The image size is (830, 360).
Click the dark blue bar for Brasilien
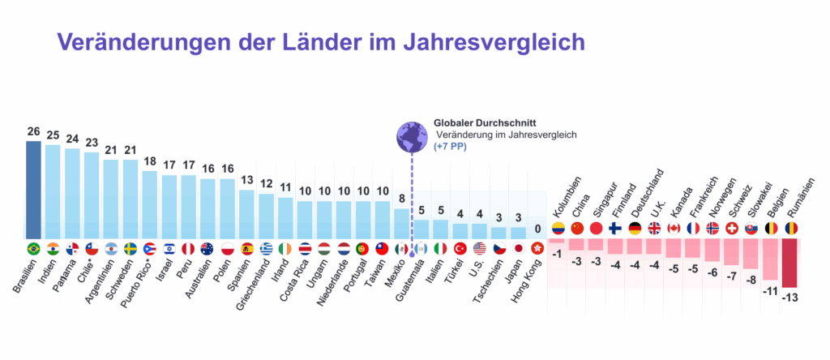point(33,190)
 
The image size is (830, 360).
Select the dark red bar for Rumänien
point(789,263)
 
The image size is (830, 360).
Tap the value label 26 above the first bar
point(33,131)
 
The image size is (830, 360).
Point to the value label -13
point(789,297)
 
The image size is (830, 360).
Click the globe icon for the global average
point(412,135)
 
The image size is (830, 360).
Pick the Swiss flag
point(730,228)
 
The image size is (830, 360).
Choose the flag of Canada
point(674,228)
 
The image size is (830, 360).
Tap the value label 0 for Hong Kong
point(537,229)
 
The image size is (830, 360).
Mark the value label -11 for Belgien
point(769,289)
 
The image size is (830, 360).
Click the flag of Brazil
point(33,248)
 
